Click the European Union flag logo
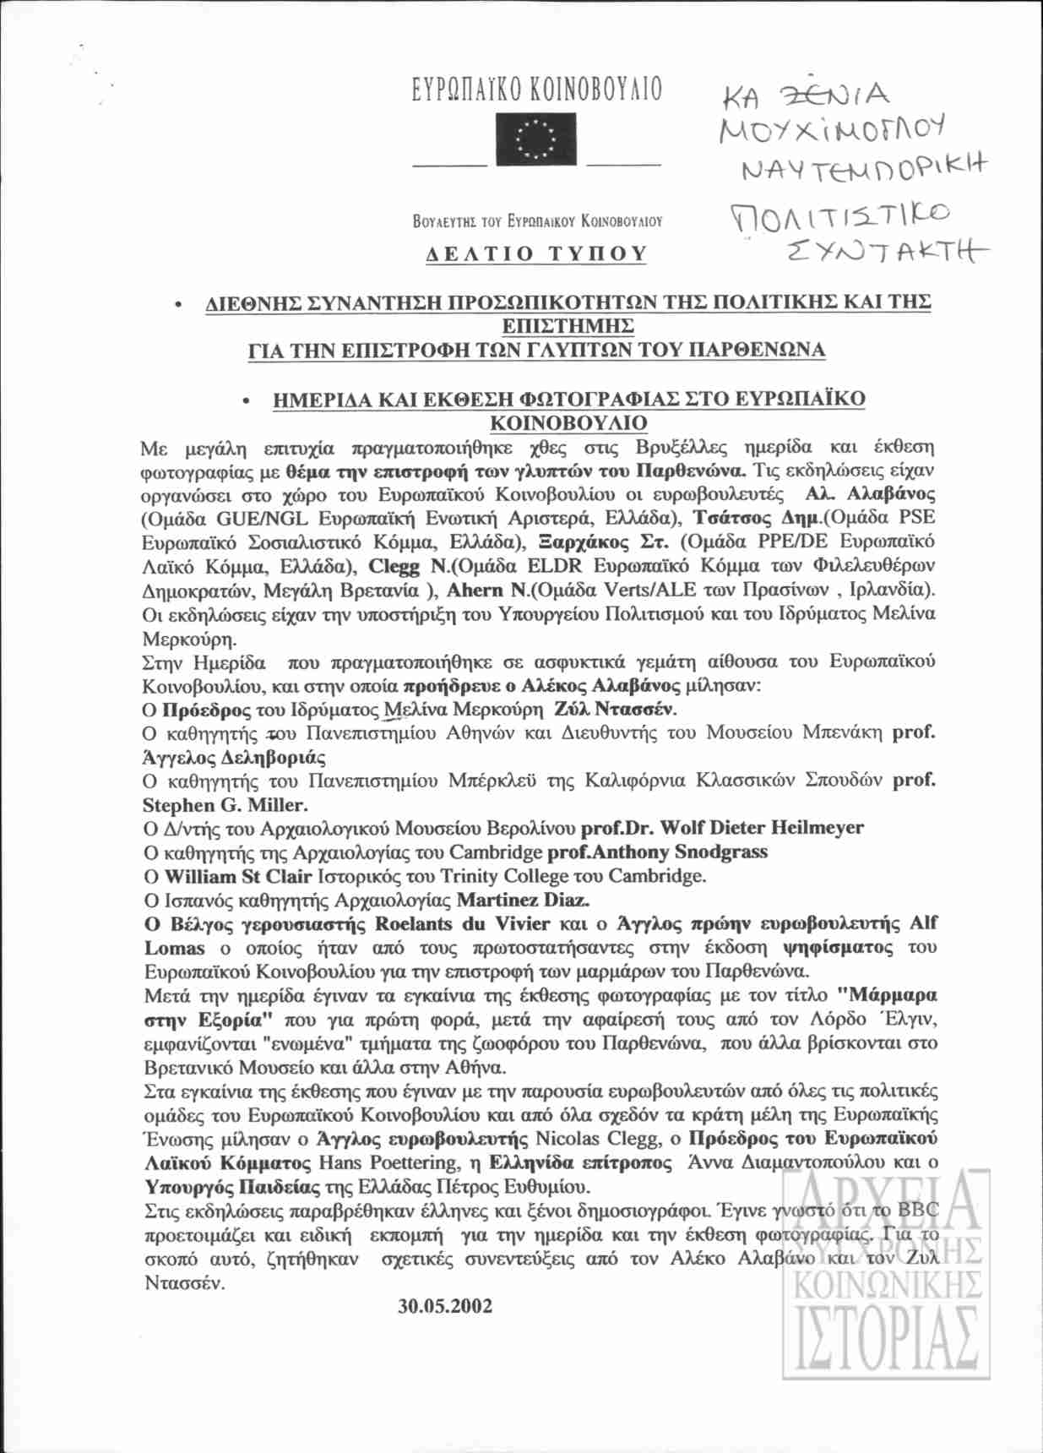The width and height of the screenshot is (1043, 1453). coord(535,139)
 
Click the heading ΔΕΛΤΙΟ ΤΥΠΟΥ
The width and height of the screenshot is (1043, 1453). coord(536,253)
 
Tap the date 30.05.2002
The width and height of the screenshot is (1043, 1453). coord(445,1306)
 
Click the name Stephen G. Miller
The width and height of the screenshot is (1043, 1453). coord(225,805)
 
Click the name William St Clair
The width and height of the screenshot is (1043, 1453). coord(238,876)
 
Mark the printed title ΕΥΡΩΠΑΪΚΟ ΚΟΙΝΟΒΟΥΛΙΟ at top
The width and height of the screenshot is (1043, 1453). coord(536,90)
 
